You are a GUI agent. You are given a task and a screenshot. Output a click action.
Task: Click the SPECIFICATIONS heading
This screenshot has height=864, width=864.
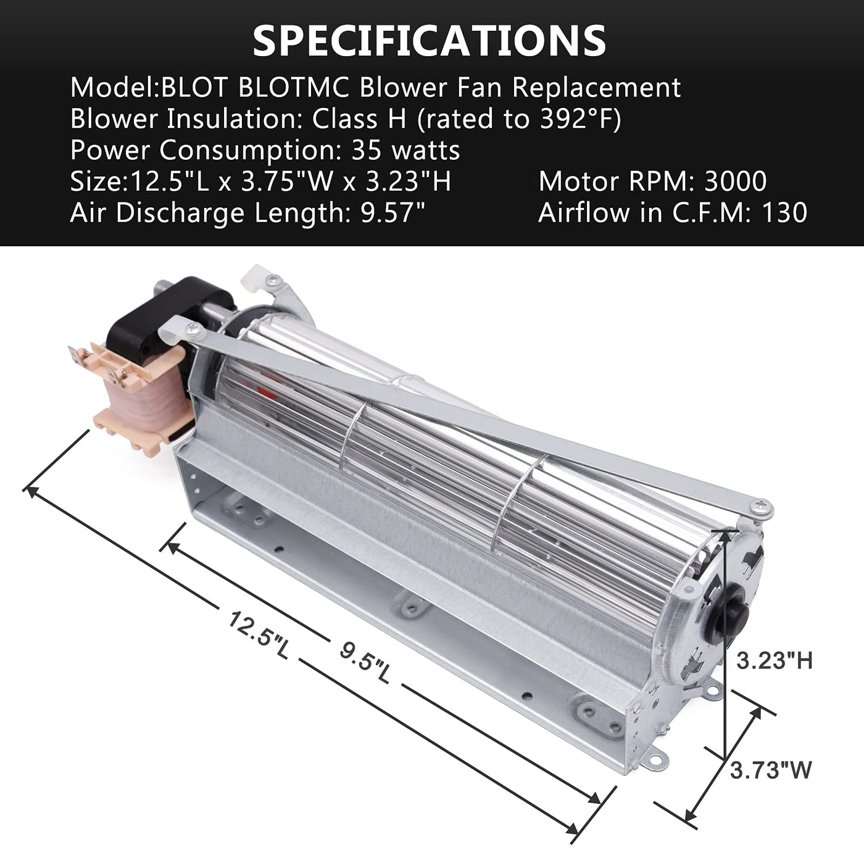tap(430, 41)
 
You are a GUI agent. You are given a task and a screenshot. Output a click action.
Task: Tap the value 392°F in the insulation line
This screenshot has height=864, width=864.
tap(575, 119)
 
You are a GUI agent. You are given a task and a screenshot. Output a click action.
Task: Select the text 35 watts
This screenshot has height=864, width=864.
tap(405, 150)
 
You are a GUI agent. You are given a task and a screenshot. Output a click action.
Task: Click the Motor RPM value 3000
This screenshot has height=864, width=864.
tap(736, 181)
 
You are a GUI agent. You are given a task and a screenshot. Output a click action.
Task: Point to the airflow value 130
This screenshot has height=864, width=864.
tap(784, 212)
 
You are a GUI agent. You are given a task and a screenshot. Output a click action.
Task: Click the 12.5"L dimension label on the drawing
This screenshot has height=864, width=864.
tap(259, 634)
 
